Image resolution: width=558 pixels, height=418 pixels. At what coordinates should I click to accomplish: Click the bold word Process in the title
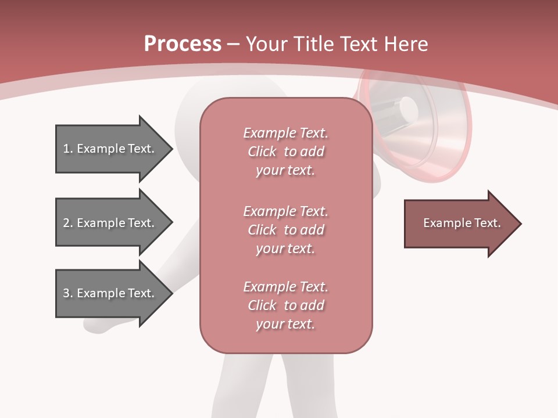pos(183,44)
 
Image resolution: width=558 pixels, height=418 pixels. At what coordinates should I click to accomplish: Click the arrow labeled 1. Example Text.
pos(110,149)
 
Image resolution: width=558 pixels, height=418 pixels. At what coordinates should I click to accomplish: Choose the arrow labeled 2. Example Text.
pos(110,223)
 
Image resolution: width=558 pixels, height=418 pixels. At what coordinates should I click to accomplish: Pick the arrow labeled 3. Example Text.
pos(110,293)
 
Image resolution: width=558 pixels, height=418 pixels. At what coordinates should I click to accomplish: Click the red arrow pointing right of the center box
pos(459,224)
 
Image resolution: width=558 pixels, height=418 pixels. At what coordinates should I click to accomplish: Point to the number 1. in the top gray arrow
pos(67,149)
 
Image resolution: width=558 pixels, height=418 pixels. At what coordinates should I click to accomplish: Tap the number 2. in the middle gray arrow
pos(67,223)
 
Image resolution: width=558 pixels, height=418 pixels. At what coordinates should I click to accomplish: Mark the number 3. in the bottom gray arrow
pos(67,293)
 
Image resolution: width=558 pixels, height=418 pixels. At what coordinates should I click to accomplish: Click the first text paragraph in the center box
pos(285,152)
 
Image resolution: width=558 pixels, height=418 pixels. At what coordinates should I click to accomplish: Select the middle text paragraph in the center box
pos(285,230)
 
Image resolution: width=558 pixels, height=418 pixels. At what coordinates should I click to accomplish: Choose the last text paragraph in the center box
pos(285,305)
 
